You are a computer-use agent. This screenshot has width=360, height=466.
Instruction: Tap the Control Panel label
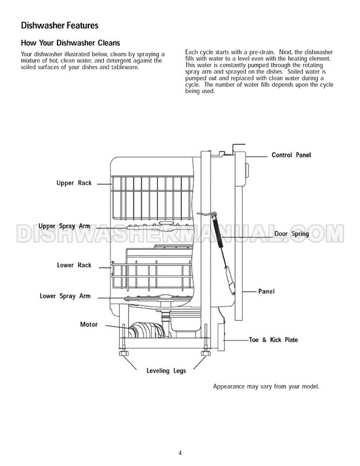[x=291, y=155]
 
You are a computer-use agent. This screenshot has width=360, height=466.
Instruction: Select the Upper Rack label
[x=73, y=183]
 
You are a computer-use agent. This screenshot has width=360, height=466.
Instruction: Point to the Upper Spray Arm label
[x=64, y=225]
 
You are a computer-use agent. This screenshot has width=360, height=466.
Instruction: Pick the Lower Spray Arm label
[x=64, y=295]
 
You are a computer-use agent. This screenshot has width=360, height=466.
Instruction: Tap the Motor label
[x=88, y=324]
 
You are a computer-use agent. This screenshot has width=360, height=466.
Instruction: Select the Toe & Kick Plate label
[x=273, y=339]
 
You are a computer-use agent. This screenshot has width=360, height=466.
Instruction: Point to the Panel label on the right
[x=267, y=291]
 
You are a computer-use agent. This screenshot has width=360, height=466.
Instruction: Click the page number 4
[x=180, y=454]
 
